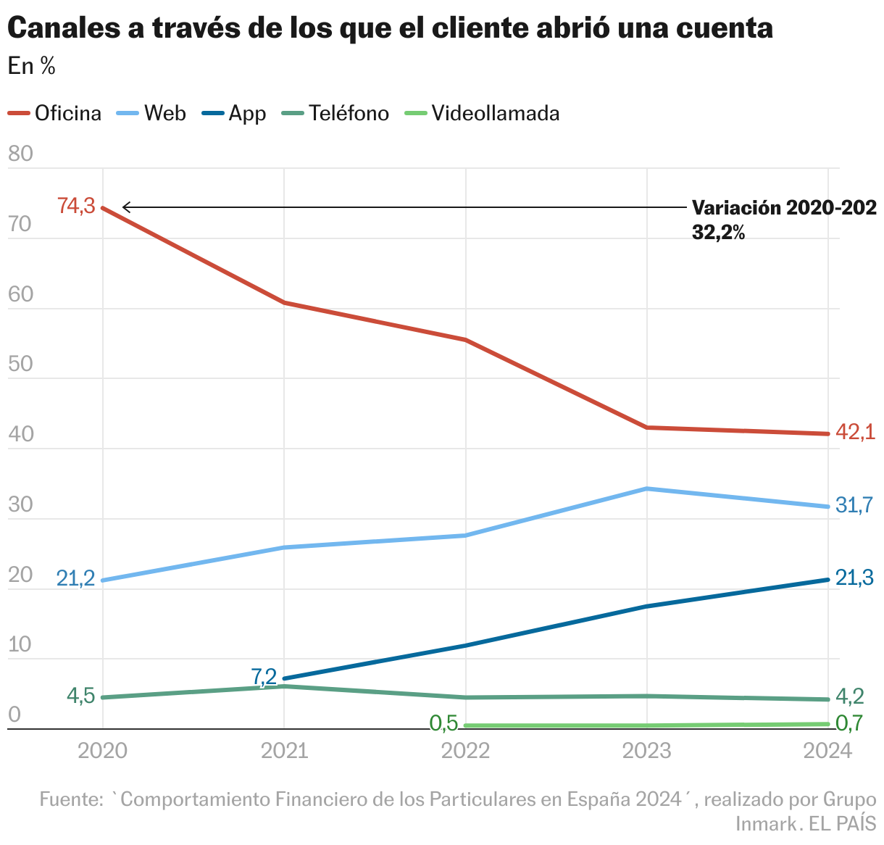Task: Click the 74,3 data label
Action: coord(77,207)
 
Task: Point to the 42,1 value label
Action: coord(855,433)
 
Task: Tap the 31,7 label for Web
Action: coord(854,505)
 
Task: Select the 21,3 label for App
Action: coord(854,578)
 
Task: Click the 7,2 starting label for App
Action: coord(264,677)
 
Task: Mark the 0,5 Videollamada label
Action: coord(443,723)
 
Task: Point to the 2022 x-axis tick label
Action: coord(465,751)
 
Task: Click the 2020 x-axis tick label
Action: coord(102,751)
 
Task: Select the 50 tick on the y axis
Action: coord(20,364)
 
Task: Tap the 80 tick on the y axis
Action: coord(20,154)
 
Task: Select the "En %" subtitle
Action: coord(32,67)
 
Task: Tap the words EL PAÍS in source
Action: coord(843,823)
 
